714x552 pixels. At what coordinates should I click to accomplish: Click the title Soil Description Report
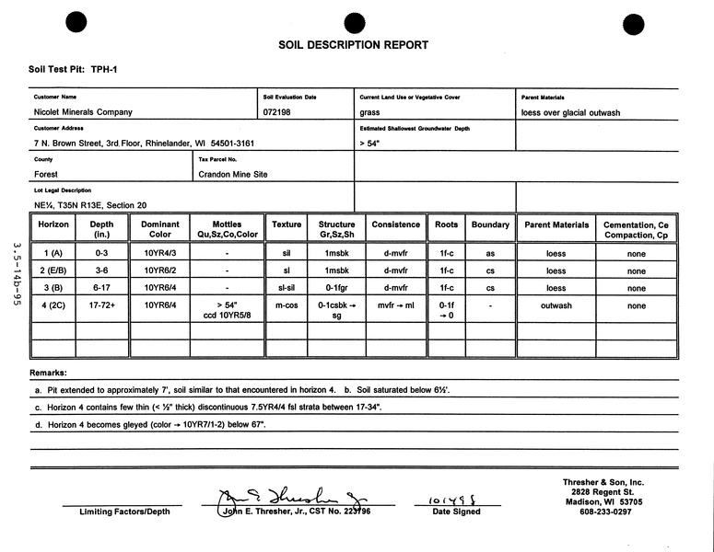[x=353, y=45]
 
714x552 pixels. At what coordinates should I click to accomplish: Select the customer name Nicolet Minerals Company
[x=83, y=112]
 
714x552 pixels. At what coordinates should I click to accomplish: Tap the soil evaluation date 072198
[x=277, y=112]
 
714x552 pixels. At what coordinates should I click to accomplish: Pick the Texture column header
[x=287, y=224]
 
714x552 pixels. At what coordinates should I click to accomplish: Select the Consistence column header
[x=396, y=224]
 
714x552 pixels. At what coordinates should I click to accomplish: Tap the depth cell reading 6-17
[x=101, y=288]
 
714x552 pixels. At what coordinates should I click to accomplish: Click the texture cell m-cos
[x=287, y=305]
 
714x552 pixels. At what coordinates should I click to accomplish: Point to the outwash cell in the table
[x=556, y=305]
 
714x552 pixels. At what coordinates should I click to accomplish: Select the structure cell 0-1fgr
[x=336, y=288]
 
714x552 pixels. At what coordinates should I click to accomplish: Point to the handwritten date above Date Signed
[x=451, y=501]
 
